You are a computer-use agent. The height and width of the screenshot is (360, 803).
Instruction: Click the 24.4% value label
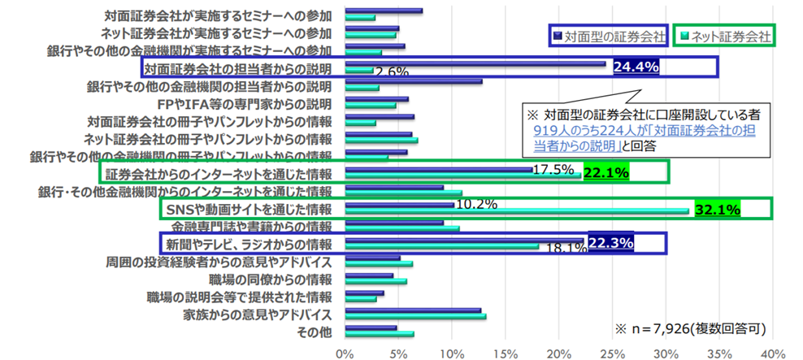635,66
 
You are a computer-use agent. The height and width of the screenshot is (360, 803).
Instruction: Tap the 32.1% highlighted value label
717,210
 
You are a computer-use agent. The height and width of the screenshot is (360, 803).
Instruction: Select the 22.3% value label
610,242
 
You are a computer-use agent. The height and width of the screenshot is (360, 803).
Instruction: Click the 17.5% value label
553,170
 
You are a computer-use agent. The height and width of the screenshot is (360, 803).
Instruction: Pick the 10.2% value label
476,204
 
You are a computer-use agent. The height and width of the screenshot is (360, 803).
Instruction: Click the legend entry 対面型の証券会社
610,36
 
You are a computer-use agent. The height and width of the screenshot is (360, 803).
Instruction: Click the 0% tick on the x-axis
344,353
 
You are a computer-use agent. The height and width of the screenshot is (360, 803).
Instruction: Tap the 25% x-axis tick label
611,353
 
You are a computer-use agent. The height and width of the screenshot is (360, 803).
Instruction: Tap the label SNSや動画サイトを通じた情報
249,210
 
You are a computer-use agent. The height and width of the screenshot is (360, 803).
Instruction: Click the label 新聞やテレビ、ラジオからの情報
250,243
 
